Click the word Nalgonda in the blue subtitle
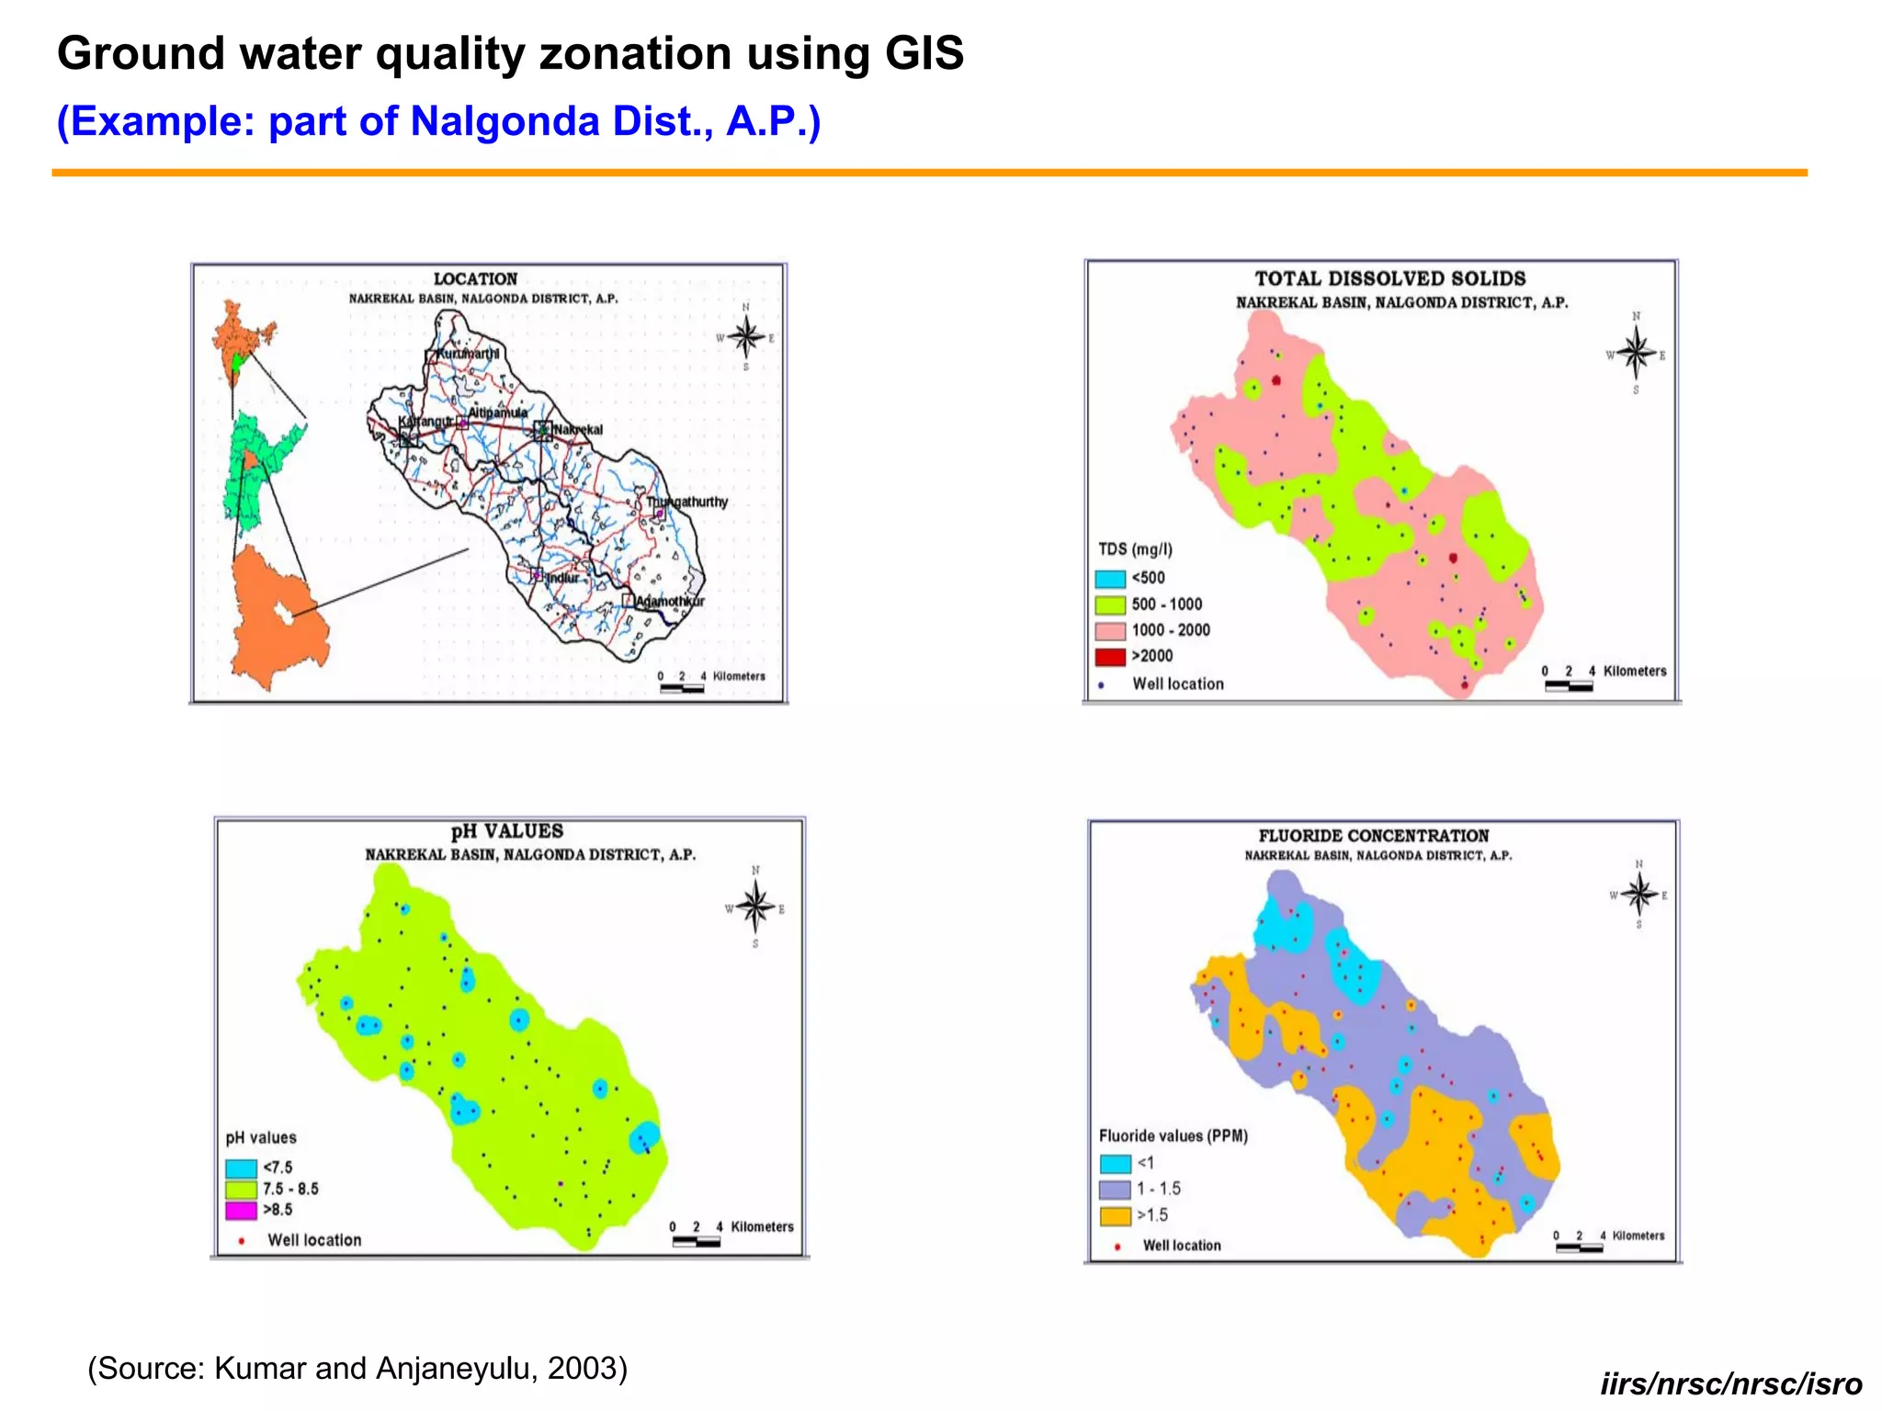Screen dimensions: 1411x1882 pos(504,121)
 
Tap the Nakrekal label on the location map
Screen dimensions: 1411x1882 pos(578,429)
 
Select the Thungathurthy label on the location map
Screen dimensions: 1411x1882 pos(686,502)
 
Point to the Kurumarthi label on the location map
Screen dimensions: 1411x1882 pos(468,354)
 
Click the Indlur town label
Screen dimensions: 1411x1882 pos(562,578)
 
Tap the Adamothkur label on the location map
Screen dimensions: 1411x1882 pos(670,601)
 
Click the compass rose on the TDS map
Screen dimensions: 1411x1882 pos(1635,353)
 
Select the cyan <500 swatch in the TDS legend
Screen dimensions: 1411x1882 pos(1110,579)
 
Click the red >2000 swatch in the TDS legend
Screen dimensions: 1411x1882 pos(1110,657)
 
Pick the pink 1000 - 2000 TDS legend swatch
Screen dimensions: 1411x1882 pos(1110,631)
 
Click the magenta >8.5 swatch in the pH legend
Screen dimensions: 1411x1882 pos(241,1211)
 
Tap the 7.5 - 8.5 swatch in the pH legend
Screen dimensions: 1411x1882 pos(241,1190)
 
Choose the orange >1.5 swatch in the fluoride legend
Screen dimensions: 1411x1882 pos(1115,1216)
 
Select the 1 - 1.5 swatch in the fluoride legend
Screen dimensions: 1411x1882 pos(1115,1190)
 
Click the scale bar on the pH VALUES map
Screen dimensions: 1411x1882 pos(696,1242)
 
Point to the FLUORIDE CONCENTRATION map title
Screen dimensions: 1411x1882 pos(1373,836)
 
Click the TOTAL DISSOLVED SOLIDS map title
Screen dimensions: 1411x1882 pos(1389,278)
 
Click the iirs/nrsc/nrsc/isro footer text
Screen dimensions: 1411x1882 pos(1730,1383)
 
